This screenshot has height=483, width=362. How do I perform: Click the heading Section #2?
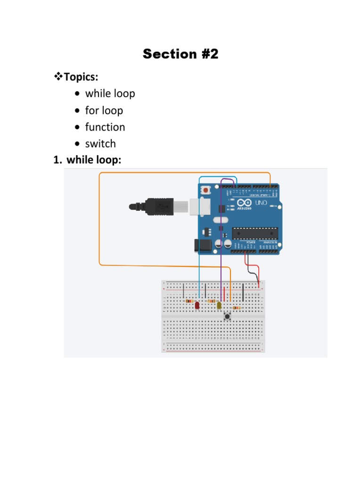[x=181, y=54]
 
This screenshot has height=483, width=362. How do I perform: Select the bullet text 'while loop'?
[x=110, y=93]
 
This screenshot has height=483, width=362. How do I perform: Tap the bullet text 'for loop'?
[x=104, y=110]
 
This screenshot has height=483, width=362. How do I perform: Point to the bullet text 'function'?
[x=105, y=127]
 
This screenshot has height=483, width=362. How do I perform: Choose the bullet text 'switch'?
[x=100, y=144]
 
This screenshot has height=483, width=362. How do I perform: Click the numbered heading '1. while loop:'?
[x=88, y=160]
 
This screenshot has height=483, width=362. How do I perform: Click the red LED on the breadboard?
[x=197, y=306]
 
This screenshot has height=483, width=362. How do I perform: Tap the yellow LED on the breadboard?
[x=219, y=306]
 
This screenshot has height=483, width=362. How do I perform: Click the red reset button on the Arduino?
[x=206, y=190]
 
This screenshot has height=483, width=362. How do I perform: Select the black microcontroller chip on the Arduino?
[x=255, y=233]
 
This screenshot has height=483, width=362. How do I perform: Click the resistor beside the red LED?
[x=190, y=301]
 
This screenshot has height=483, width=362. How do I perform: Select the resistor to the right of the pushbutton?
[x=236, y=308]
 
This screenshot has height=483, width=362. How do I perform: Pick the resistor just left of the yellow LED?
[x=212, y=301]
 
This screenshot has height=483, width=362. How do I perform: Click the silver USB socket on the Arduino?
[x=200, y=207]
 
